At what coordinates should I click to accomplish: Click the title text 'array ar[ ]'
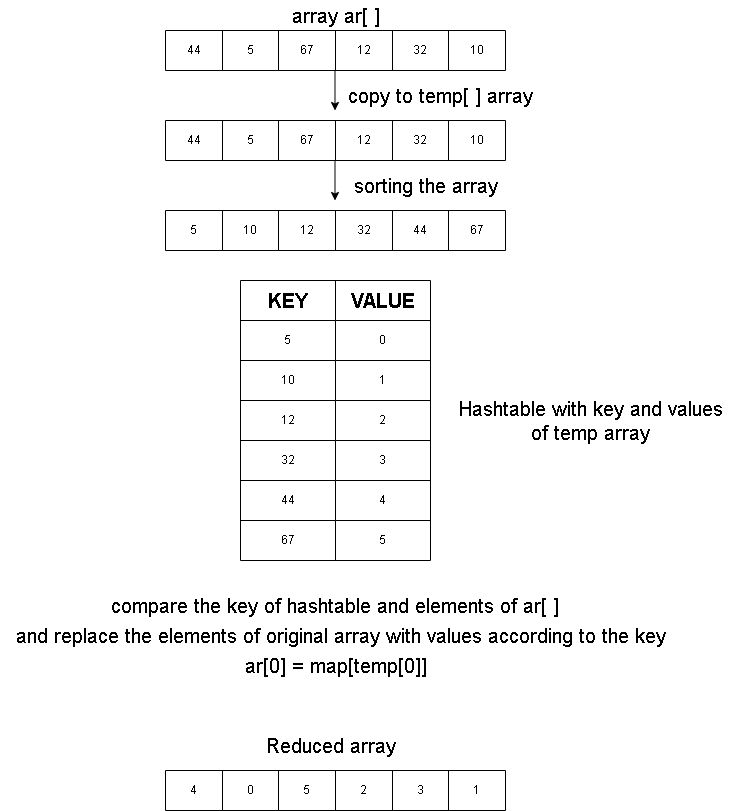336,16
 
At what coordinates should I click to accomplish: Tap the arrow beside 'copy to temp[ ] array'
335,94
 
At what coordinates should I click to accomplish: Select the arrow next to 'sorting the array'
335,184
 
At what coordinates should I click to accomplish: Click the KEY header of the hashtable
288,301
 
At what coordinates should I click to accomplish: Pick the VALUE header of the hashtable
383,301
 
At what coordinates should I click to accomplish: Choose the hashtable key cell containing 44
288,500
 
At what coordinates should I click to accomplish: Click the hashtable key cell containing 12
288,420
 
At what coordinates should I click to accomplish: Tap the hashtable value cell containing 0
383,340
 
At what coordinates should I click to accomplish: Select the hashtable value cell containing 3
383,460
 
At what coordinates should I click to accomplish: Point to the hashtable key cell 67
288,540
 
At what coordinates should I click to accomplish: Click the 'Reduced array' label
331,746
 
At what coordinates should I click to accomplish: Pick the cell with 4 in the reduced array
194,790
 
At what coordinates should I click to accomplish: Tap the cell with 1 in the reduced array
477,790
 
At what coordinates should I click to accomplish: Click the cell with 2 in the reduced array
364,790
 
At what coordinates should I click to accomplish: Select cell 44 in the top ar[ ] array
194,50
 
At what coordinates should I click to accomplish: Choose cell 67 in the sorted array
477,230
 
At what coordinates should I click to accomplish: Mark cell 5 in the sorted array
194,230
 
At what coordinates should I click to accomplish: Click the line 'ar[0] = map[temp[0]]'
336,666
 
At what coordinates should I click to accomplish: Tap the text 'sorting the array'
426,186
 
